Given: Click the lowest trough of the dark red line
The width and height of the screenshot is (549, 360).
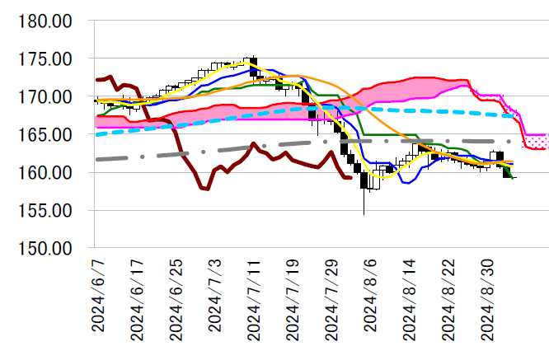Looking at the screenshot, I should [x=206, y=189].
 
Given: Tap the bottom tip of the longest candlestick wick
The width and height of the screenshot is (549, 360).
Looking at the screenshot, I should [x=364, y=214].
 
